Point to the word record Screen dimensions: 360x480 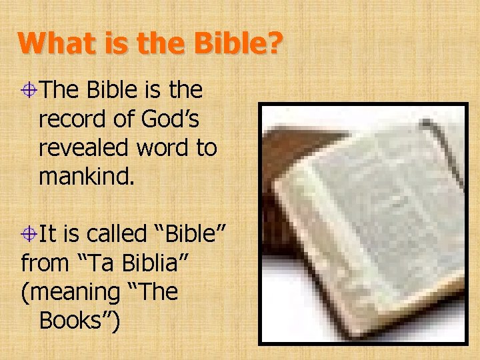(71, 119)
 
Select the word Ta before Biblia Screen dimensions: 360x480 (94, 263)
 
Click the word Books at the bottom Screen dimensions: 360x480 (75, 321)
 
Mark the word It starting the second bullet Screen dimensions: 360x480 (48, 235)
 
